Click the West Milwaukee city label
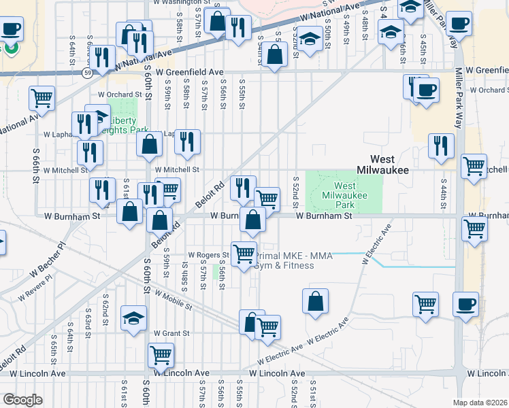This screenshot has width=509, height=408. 382,169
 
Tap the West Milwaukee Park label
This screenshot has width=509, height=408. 344,195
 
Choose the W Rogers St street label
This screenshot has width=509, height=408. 208,255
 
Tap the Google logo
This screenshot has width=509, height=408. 22,400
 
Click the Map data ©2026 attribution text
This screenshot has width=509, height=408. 480,403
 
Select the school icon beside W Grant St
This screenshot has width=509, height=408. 133,318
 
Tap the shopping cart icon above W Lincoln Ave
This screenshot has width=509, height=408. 161,354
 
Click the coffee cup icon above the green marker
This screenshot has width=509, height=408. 12,29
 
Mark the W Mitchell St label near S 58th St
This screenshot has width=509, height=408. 177,170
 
